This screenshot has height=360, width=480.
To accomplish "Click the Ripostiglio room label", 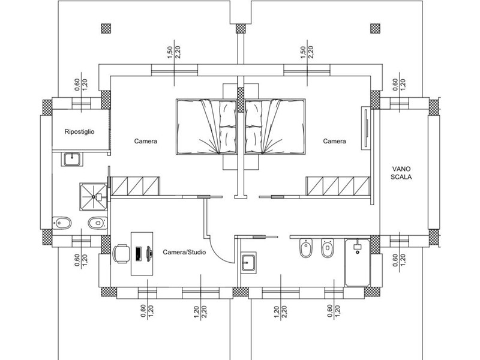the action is [x=79, y=132].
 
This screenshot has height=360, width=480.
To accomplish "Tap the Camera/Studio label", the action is [x=184, y=252].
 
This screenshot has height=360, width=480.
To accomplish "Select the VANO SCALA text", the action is [x=401, y=173].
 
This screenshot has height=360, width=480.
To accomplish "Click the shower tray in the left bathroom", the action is [x=94, y=197].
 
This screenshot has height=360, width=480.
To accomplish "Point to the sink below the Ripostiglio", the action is [x=72, y=159].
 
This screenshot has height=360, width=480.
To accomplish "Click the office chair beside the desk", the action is [x=121, y=253].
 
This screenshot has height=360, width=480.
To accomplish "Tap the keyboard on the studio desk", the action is [x=139, y=254].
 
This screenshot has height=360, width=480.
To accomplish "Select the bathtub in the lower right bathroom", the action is [x=358, y=263].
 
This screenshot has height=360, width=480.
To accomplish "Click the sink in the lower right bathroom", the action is [x=248, y=262].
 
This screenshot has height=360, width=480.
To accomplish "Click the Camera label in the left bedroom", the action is [x=146, y=141].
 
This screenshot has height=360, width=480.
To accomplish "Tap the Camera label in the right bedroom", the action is [x=335, y=141].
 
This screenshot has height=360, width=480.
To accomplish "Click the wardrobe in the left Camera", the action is [x=135, y=186].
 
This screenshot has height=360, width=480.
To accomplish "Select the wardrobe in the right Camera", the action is [x=338, y=186].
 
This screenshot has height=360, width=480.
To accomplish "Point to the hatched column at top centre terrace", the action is [x=241, y=28].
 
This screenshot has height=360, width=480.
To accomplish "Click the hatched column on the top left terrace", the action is [x=106, y=28].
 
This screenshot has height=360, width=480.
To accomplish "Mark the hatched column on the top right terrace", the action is [x=376, y=28].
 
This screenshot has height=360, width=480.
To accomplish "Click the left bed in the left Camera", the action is [x=206, y=127].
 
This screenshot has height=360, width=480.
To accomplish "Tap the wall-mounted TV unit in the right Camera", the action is [x=366, y=128].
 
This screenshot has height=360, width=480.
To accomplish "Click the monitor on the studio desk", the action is [x=149, y=254].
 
